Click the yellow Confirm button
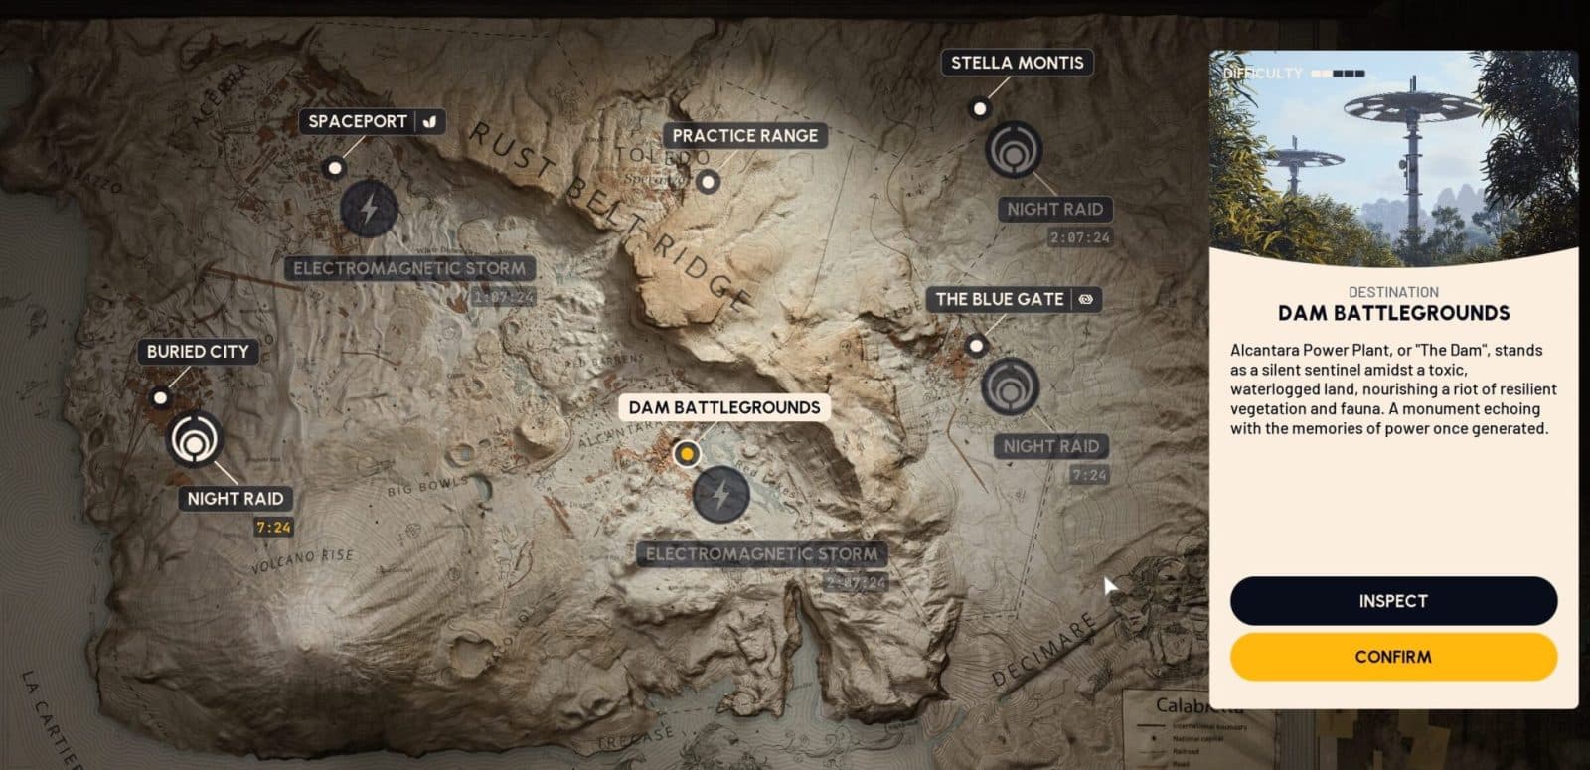(x=1393, y=657)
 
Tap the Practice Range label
(x=744, y=136)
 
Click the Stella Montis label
(x=1017, y=63)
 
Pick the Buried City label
(x=198, y=351)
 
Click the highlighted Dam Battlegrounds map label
(x=723, y=407)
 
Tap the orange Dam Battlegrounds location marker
(x=686, y=454)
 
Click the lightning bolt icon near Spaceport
(x=369, y=210)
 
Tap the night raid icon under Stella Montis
(x=1014, y=151)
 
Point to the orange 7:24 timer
(x=273, y=528)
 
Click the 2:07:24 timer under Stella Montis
(x=1080, y=238)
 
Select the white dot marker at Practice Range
(x=708, y=182)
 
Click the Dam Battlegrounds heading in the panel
(x=1393, y=313)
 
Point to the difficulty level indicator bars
(x=1338, y=74)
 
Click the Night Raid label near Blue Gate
(x=1050, y=446)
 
